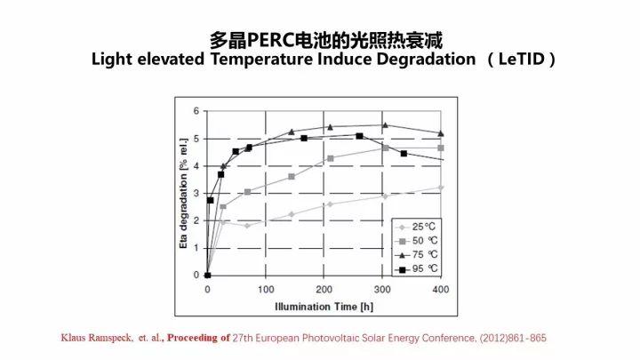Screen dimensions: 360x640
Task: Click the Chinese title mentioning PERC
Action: pos(325,40)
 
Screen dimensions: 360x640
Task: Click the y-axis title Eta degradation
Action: pos(184,193)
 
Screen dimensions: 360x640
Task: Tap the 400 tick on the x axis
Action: pos(440,291)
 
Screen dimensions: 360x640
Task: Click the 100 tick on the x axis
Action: pos(266,291)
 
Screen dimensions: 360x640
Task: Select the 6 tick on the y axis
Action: pos(196,112)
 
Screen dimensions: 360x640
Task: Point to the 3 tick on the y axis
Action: pos(196,194)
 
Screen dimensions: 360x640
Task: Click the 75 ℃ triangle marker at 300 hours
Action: pos(385,125)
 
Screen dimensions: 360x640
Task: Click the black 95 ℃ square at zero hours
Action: pos(207,275)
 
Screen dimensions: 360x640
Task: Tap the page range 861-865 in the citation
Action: pos(524,339)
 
